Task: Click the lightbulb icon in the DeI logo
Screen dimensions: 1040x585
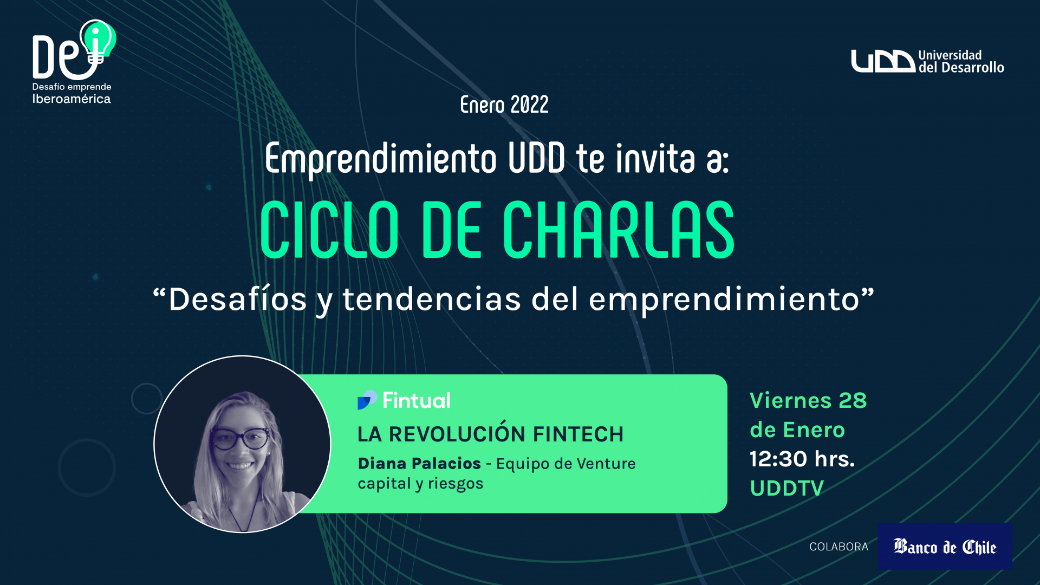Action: point(97,41)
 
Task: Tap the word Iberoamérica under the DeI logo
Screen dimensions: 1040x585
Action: point(71,99)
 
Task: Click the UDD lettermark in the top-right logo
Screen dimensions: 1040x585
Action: point(883,61)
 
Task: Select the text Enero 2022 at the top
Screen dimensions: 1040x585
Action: point(504,105)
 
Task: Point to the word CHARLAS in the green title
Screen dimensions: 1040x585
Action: point(619,230)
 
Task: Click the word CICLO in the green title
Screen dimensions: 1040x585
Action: point(329,230)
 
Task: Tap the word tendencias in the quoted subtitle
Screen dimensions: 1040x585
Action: point(432,299)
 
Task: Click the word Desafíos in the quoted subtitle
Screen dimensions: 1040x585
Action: point(238,299)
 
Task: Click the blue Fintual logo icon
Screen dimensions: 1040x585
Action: point(367,400)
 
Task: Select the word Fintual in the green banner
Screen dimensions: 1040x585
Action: point(417,400)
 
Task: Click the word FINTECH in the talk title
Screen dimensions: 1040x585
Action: point(578,434)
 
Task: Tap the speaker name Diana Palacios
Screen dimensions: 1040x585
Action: point(419,464)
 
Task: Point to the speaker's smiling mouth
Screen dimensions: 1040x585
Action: point(239,465)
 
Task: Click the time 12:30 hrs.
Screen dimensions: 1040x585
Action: point(802,459)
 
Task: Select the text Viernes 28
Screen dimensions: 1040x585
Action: point(808,400)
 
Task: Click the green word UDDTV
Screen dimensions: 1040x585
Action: point(787,488)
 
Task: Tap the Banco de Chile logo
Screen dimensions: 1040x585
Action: point(945,546)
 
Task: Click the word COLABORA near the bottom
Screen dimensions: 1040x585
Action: point(838,547)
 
